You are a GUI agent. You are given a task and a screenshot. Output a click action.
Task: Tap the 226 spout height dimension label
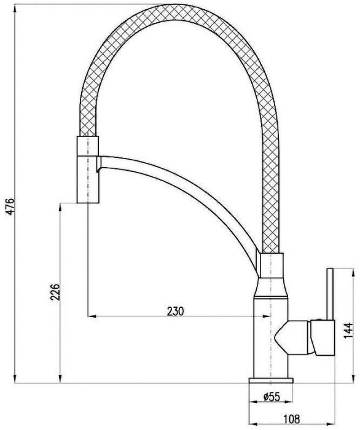pyautogui.click(x=55, y=292)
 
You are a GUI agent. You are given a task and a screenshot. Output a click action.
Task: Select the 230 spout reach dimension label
pyautogui.click(x=175, y=311)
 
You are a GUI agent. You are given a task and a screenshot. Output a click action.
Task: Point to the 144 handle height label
pyautogui.click(x=348, y=330)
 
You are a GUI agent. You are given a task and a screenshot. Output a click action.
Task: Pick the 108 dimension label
pyautogui.click(x=291, y=419)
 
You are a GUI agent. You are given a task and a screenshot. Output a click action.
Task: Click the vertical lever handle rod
pyautogui.click(x=330, y=294)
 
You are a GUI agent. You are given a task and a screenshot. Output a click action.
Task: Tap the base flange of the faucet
pyautogui.click(x=271, y=381)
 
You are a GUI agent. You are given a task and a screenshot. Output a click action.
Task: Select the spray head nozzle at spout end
pyautogui.click(x=88, y=170)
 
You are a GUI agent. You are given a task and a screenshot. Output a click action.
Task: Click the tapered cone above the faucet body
pyautogui.click(x=271, y=287)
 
